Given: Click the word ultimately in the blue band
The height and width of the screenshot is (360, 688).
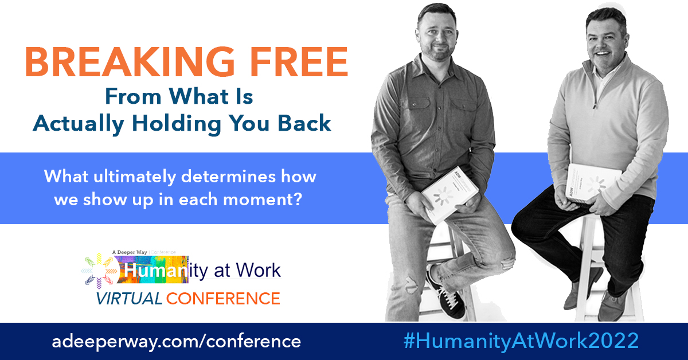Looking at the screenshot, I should [x=136, y=177].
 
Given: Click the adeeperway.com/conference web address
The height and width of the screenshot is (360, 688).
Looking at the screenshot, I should [x=176, y=341].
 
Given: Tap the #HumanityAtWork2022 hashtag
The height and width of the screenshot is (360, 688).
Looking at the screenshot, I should [x=521, y=341].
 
